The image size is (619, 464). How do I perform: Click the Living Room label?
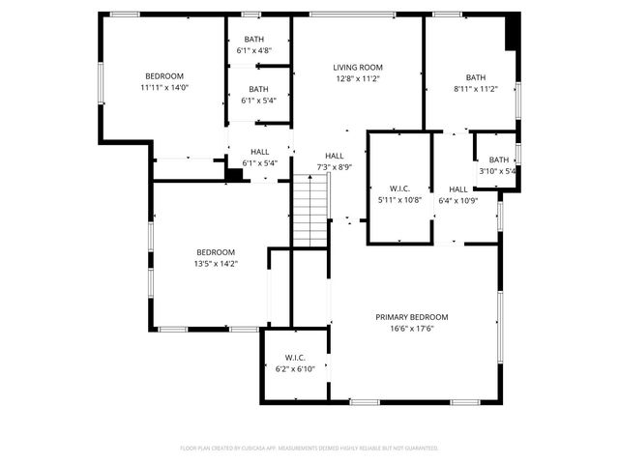coord(358,68)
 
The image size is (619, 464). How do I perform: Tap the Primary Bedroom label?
coord(412,317)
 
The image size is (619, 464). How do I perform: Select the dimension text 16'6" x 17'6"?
coord(412,329)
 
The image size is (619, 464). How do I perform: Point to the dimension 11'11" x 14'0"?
coord(164,87)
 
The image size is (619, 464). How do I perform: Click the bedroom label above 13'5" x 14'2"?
coord(216,252)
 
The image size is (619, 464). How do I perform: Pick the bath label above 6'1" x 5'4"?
coord(258,89)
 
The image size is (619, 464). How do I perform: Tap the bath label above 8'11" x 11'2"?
coord(476,77)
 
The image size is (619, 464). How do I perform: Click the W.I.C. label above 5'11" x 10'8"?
coord(398,188)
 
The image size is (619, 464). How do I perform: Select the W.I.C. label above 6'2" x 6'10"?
coord(295,357)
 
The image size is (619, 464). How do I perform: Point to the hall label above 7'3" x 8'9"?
coord(335,156)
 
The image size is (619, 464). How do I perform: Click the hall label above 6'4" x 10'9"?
coord(458,189)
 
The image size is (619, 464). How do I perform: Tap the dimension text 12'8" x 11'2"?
coord(358,79)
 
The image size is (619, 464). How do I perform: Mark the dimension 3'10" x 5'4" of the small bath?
coord(499,171)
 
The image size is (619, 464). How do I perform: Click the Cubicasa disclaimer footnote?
coord(309,449)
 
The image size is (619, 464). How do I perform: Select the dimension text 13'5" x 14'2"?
coord(216,263)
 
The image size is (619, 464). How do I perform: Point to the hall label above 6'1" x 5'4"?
coord(260,152)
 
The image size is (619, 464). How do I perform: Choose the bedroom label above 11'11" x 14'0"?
coord(164,75)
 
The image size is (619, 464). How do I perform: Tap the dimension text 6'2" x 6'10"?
coord(295,368)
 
